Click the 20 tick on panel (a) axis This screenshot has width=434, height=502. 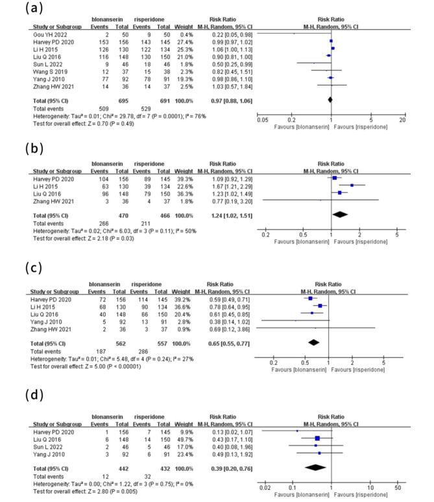pos(402,120)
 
